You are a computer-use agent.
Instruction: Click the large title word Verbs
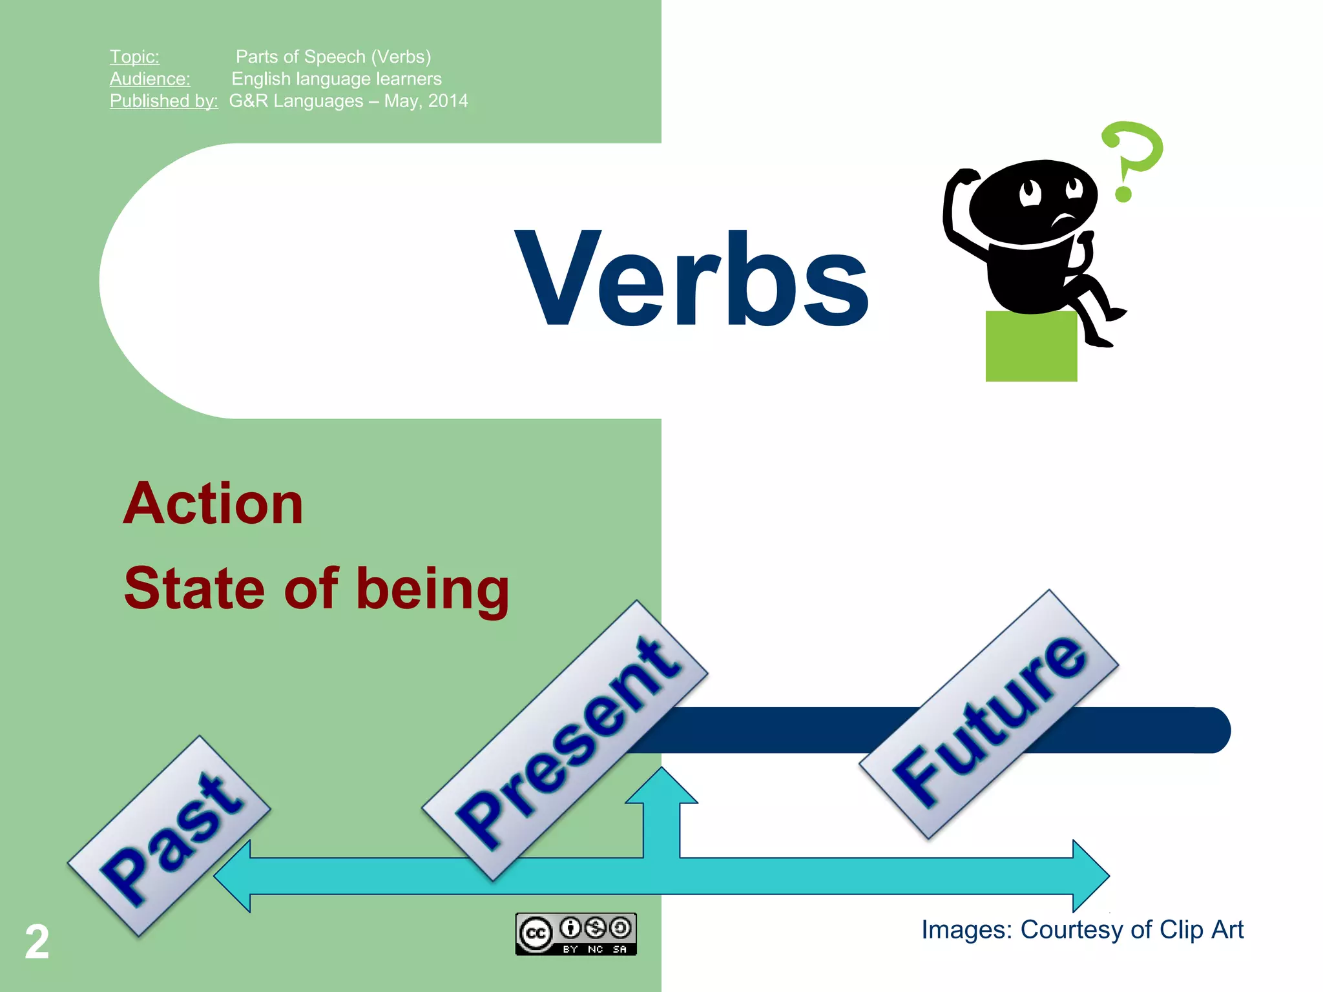(x=693, y=279)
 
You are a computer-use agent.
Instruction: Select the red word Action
(x=213, y=504)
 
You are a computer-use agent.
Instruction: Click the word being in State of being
(x=433, y=589)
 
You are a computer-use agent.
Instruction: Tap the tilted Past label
(x=169, y=836)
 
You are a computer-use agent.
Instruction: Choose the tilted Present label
(x=565, y=740)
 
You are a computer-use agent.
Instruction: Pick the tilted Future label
(x=988, y=714)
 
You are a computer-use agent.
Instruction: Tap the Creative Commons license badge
(x=576, y=934)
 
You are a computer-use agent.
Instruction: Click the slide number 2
(x=37, y=942)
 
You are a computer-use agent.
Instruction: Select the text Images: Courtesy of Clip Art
(x=1082, y=930)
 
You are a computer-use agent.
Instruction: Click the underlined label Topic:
(x=134, y=57)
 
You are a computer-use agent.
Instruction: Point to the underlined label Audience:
(x=150, y=79)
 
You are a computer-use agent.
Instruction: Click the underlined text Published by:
(x=163, y=101)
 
